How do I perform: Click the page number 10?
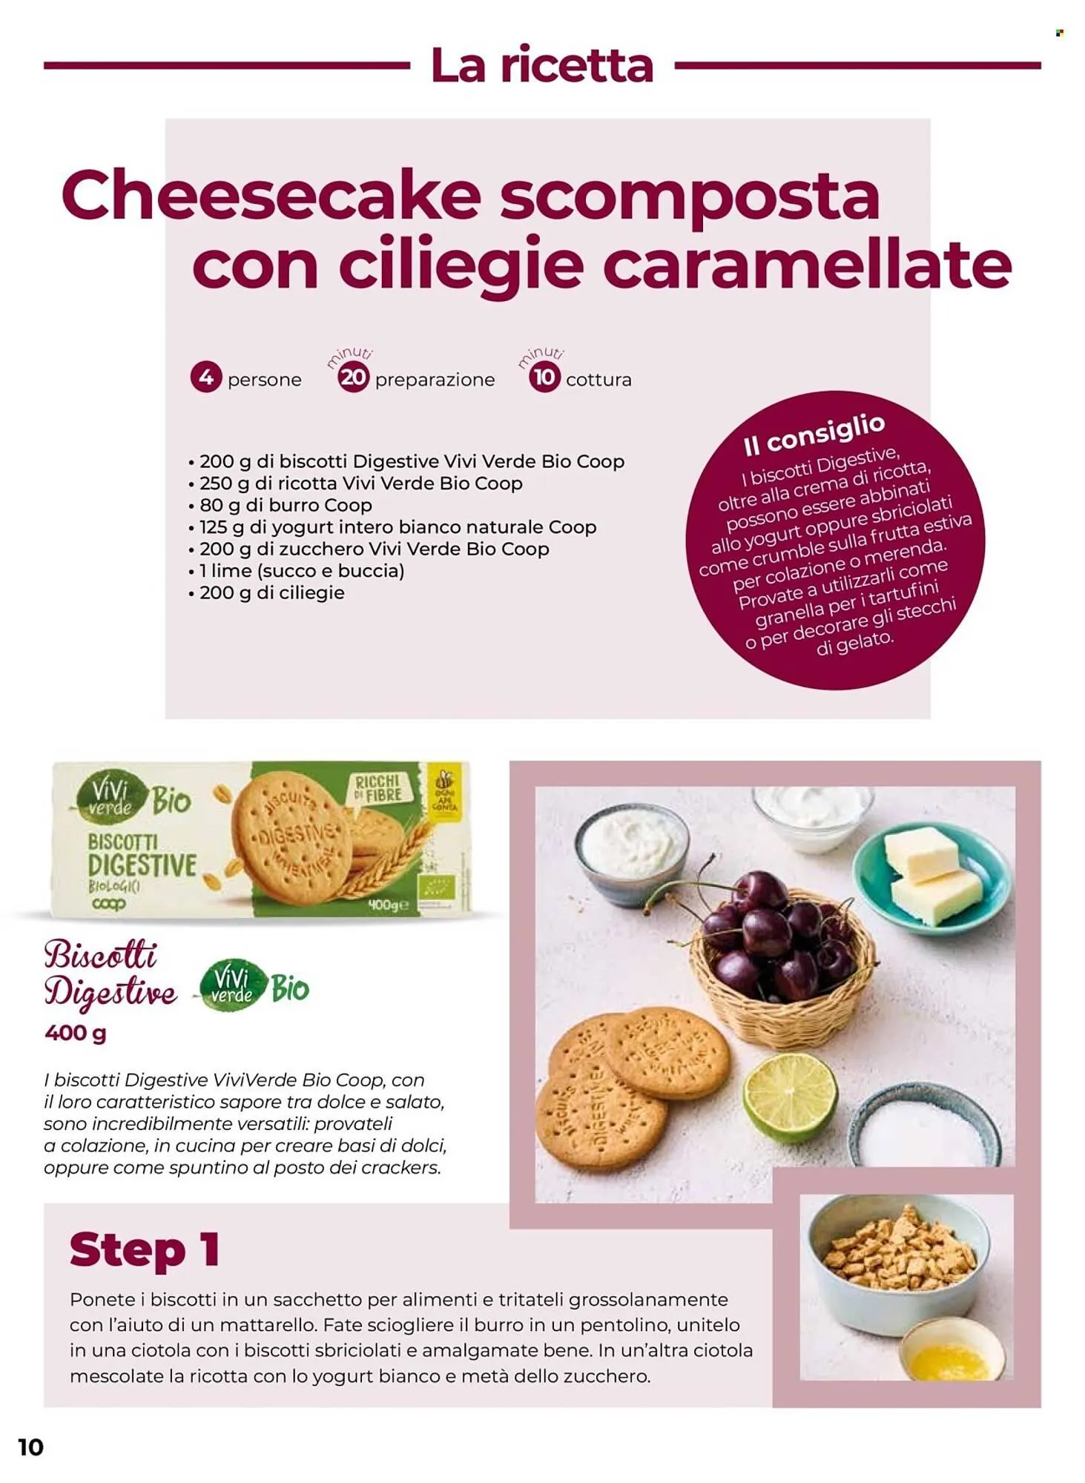[31, 1446]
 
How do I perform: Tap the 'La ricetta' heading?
[542, 65]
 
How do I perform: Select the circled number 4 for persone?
[206, 377]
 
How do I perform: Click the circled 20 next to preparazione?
[353, 377]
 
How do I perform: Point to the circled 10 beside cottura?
[544, 377]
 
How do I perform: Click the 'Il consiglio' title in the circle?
[814, 435]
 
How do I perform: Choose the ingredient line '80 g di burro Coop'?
[280, 505]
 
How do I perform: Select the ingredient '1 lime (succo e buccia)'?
[297, 571]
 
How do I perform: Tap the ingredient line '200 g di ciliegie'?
[266, 593]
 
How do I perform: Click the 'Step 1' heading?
[145, 1249]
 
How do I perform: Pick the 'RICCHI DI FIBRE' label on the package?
[378, 788]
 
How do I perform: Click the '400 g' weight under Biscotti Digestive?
[75, 1032]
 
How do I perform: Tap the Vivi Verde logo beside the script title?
[254, 986]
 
